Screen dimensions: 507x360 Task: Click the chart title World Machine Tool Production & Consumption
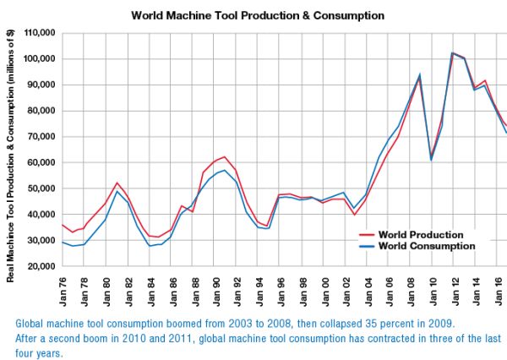coord(258,15)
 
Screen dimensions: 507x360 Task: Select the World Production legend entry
coord(411,234)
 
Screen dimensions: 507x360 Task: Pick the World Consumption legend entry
coord(417,246)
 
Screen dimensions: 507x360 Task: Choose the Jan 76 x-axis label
coord(63,292)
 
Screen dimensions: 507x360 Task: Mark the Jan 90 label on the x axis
coord(216,292)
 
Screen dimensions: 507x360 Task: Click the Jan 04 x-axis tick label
coord(368,292)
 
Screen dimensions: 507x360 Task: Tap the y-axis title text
coord(10,155)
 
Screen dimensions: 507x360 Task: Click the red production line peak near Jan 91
coord(225,157)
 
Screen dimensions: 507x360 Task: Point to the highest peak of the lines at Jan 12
coord(452,52)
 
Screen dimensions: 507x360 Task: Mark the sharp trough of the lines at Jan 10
coord(431,159)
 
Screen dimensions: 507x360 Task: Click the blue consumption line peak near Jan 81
coord(117,191)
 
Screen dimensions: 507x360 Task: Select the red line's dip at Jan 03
coord(355,215)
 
